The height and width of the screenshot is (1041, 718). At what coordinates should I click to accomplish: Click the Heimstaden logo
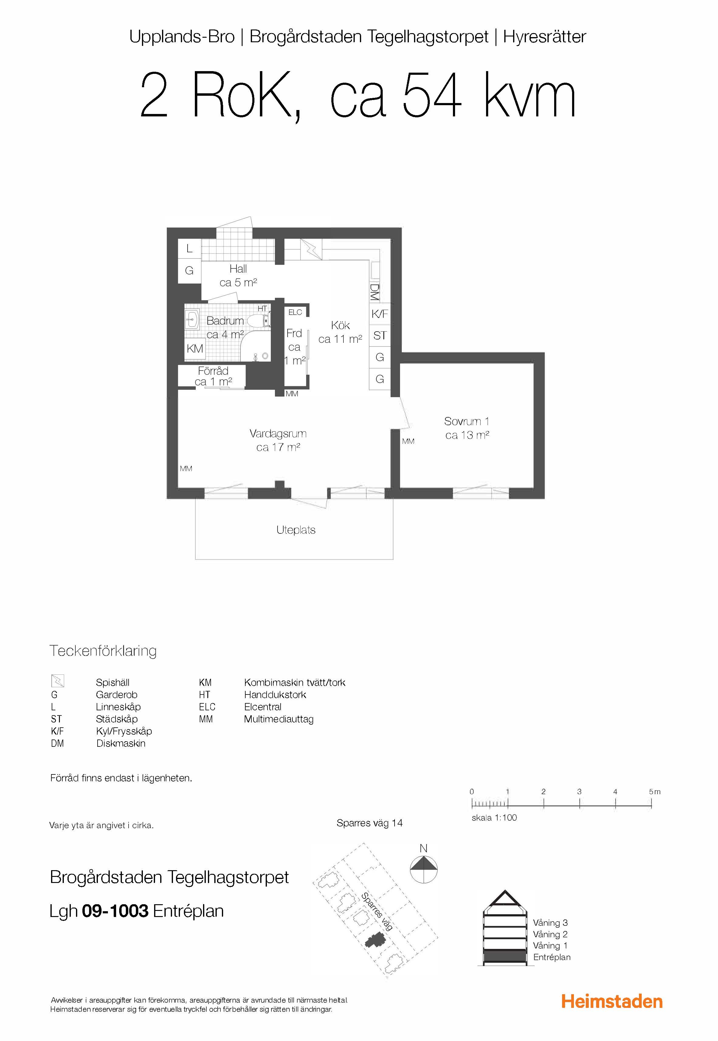coord(612,1002)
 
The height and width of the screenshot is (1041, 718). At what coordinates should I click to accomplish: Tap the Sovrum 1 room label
coord(467,422)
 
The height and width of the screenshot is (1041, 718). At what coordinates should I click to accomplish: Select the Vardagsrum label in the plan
coord(278,434)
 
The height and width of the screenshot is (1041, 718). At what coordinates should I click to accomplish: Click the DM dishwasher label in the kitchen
coord(374,292)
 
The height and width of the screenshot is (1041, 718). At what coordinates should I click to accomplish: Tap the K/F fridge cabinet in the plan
coord(380,314)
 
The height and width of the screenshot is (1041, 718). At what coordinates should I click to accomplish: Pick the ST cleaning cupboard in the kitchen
coord(380,336)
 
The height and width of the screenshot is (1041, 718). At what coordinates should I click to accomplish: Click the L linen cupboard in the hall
coord(189,248)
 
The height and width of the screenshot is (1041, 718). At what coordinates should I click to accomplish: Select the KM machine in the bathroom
coord(195,349)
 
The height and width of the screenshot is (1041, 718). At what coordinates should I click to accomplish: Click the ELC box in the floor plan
coord(295,312)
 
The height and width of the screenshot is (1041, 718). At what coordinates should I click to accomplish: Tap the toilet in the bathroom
coord(258,320)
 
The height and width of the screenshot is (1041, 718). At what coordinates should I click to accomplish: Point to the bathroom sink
coord(193,320)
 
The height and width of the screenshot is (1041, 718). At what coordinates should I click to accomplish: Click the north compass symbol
coord(424,869)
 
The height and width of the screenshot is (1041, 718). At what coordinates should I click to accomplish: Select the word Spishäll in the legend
coord(112,682)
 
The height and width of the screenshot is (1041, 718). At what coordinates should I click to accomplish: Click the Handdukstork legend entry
coord(275,694)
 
